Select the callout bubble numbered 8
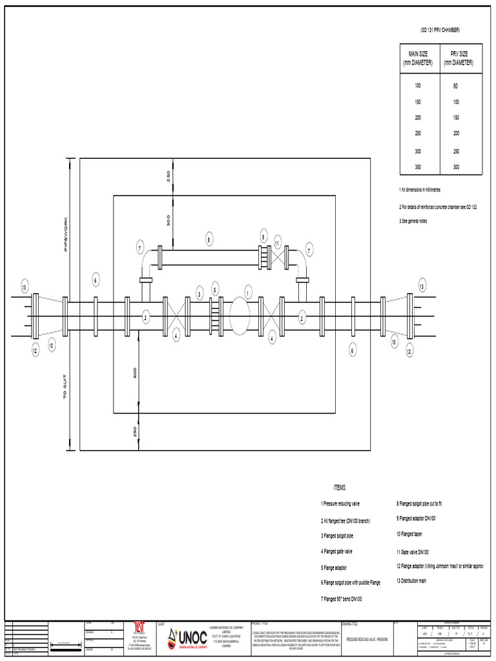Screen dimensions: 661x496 pos(209,240)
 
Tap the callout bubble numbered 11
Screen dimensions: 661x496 pos(277,243)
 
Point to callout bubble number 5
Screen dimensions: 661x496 pos(216,289)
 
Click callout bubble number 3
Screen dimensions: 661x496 pos(200,294)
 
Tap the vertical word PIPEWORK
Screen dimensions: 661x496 pos(66,235)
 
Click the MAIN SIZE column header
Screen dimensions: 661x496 pos(418,57)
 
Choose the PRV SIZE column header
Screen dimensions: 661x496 pos(459,57)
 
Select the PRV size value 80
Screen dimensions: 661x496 pos(455,86)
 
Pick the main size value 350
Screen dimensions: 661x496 pos(417,167)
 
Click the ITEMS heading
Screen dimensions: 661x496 pos(340,488)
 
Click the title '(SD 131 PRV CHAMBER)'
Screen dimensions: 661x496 pos(440,30)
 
